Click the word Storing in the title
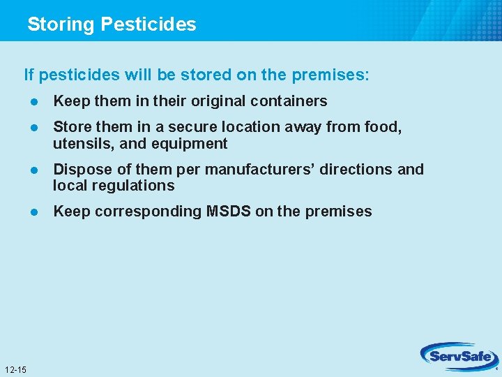point(61,24)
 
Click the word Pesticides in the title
point(149,24)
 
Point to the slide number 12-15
point(15,369)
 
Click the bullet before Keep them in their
point(33,102)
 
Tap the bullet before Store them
point(33,128)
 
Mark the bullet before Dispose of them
point(33,170)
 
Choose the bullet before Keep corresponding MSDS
point(33,212)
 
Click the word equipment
point(192,144)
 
